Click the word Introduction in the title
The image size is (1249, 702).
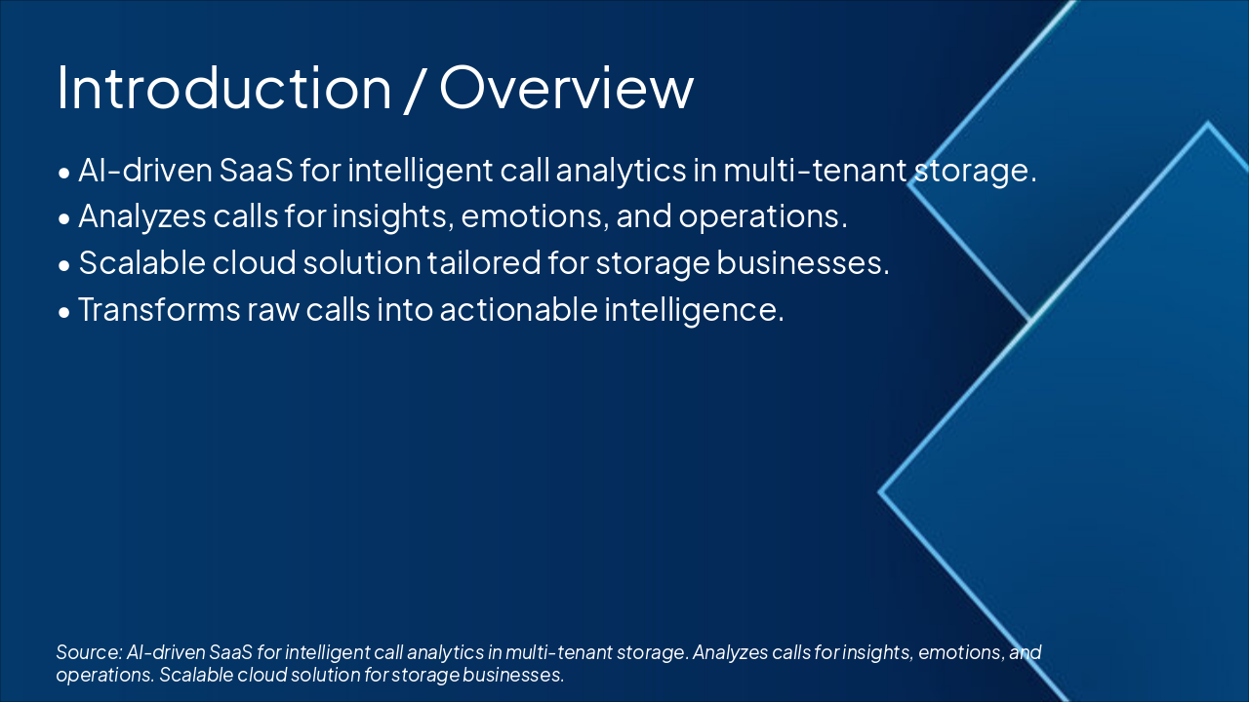click(x=223, y=88)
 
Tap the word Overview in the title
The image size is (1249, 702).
click(x=567, y=88)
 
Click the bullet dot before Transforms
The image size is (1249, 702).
click(x=64, y=312)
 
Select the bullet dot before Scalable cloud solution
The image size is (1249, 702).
click(x=64, y=265)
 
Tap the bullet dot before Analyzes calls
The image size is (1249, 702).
click(x=64, y=218)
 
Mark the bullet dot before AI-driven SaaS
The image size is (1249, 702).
click(x=64, y=173)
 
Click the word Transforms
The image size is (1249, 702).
click(x=159, y=309)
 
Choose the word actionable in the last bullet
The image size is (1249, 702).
click(x=518, y=309)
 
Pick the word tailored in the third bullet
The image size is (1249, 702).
click(x=484, y=262)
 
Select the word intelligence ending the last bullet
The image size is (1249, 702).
click(x=694, y=311)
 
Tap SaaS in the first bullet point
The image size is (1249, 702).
click(x=256, y=170)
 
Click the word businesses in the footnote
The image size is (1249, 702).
click(x=513, y=675)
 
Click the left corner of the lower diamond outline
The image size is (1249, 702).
click(x=879, y=492)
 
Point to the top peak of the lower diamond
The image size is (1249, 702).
click(x=1208, y=123)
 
